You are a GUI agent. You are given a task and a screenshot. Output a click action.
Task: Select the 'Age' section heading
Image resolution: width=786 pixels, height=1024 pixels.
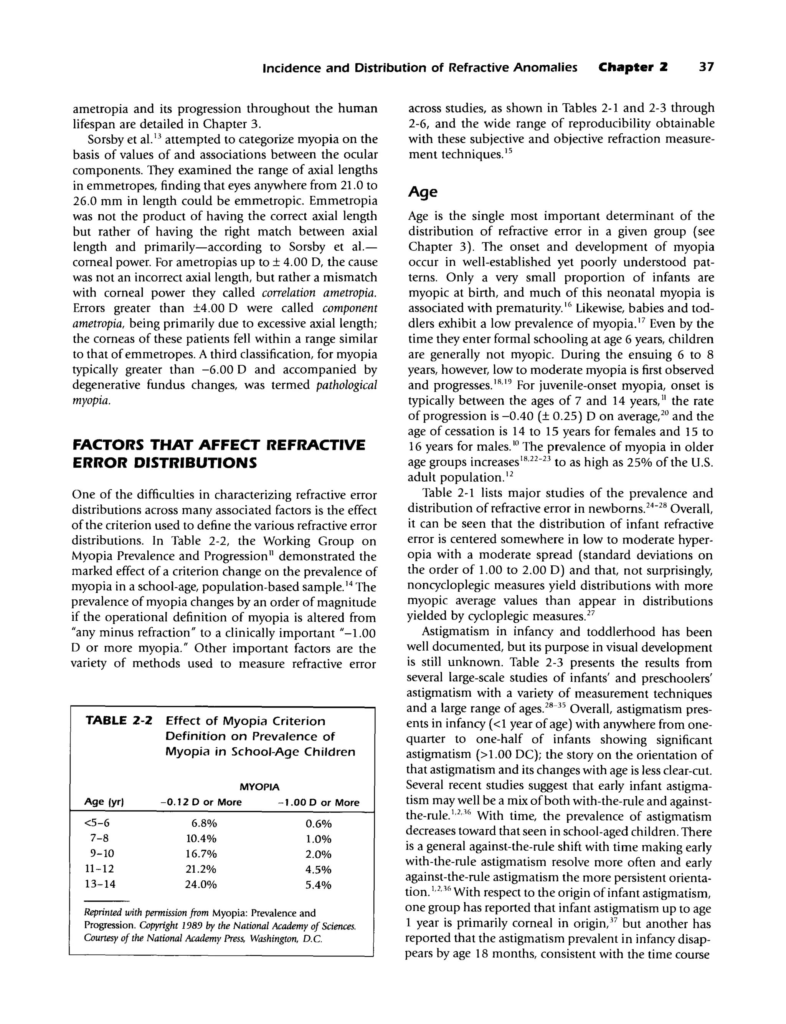(423, 192)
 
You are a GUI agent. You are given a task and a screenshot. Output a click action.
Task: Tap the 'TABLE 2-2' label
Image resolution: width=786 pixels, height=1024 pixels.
(119, 721)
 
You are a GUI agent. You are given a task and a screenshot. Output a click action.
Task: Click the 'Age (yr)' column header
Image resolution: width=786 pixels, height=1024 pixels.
(103, 802)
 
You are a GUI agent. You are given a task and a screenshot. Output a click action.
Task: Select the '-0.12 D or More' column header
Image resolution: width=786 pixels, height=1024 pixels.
(201, 802)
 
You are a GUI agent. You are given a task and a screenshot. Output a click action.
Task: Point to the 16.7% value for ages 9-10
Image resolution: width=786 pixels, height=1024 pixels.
(201, 853)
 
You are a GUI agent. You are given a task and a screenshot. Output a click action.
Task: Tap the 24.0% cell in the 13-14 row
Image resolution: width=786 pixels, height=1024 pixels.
(201, 885)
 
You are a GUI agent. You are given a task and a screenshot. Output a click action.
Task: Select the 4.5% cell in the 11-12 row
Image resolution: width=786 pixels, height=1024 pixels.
(318, 870)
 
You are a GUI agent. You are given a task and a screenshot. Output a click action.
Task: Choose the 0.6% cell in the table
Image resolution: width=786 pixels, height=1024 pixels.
(318, 824)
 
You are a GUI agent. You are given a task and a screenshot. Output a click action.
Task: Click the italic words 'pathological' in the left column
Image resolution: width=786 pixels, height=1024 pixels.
(346, 385)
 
